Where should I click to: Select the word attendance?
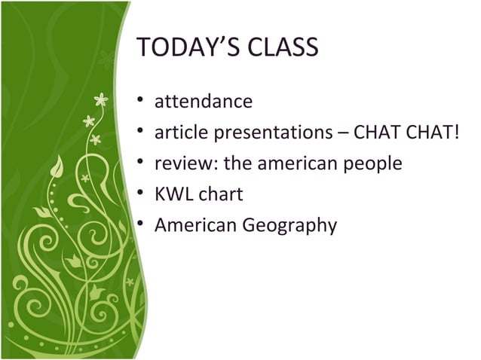point(204,101)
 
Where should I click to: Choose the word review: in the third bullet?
point(185,163)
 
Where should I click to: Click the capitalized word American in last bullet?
point(194,225)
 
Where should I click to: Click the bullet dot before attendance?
point(140,101)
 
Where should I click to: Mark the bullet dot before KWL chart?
point(140,194)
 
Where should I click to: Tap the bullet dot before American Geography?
point(140,225)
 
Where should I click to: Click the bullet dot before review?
point(140,163)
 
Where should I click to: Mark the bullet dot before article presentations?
point(140,133)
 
